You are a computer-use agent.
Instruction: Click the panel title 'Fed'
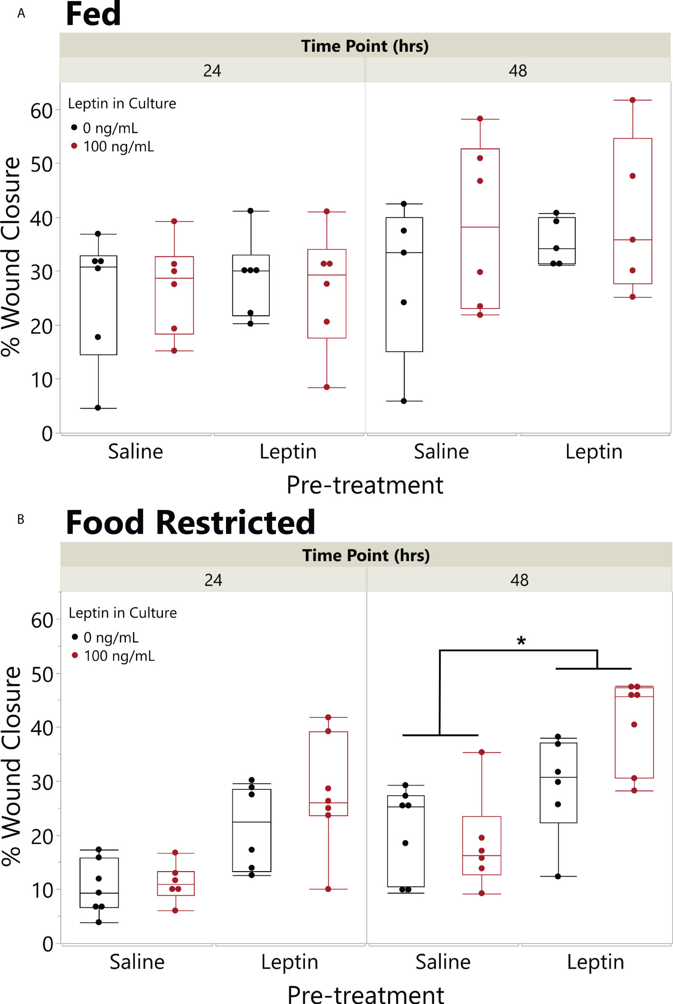click(93, 14)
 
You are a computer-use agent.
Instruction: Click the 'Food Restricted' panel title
click(190, 523)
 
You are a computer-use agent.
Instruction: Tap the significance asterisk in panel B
click(521, 642)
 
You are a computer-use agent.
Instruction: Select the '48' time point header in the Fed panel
click(518, 71)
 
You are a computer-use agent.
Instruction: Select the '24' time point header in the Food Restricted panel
click(213, 580)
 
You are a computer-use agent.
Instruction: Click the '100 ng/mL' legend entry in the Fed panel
click(118, 147)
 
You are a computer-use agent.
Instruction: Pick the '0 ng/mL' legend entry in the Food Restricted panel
click(111, 638)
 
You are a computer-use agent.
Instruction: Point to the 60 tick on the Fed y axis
click(41, 111)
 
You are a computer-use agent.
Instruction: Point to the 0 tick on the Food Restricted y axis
click(47, 944)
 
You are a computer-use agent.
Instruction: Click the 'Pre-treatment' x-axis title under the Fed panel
click(365, 485)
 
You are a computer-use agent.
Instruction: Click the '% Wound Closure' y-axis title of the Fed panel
click(11, 256)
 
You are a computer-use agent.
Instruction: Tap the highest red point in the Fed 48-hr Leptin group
click(633, 100)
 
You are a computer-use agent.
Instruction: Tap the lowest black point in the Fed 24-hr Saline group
click(98, 408)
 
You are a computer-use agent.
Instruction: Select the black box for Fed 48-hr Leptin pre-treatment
click(557, 241)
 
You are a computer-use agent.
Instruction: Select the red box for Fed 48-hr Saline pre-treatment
click(480, 229)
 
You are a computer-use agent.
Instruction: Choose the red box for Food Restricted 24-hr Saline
click(176, 883)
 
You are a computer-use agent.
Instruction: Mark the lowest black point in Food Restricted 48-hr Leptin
click(558, 876)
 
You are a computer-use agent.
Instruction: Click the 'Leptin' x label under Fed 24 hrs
click(288, 451)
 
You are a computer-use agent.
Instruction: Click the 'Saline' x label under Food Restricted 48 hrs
click(443, 962)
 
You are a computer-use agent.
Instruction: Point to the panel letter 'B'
click(21, 519)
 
